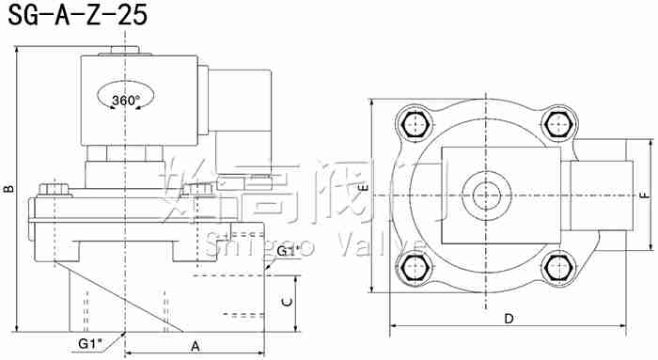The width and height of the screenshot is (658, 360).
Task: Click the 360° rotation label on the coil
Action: click(x=125, y=100)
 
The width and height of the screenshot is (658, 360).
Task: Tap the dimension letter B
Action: click(x=8, y=188)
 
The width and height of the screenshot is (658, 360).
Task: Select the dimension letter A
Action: click(x=196, y=346)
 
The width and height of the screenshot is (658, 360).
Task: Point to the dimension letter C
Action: click(x=287, y=302)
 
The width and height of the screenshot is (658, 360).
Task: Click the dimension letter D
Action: click(x=509, y=318)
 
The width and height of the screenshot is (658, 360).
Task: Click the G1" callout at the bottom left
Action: click(x=91, y=343)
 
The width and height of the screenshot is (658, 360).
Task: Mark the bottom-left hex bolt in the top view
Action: click(x=414, y=267)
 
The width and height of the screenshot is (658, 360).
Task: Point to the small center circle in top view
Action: click(x=486, y=196)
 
